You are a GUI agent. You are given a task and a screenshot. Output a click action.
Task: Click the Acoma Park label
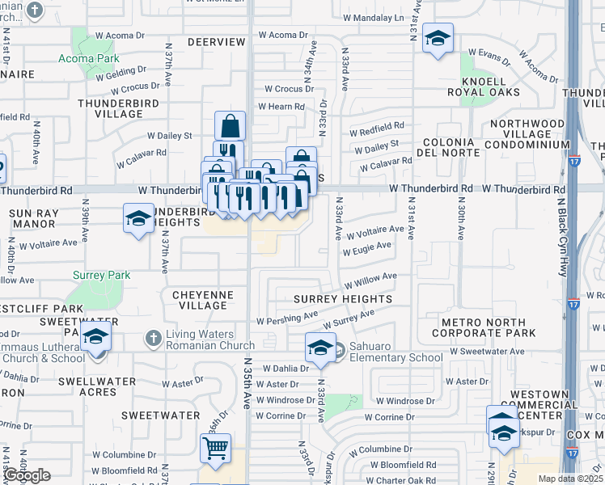[x=89, y=58]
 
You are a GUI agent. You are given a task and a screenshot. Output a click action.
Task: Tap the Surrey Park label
[x=101, y=275]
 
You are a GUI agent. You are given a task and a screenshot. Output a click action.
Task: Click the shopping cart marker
[x=216, y=449]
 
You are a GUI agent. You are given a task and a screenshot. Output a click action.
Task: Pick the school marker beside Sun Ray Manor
[x=138, y=218]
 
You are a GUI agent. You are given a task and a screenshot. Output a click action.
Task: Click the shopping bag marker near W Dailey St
[x=230, y=126]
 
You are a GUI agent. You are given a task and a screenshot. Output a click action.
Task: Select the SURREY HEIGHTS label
[x=343, y=299]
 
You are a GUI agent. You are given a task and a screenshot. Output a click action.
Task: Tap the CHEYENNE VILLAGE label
[x=203, y=300]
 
